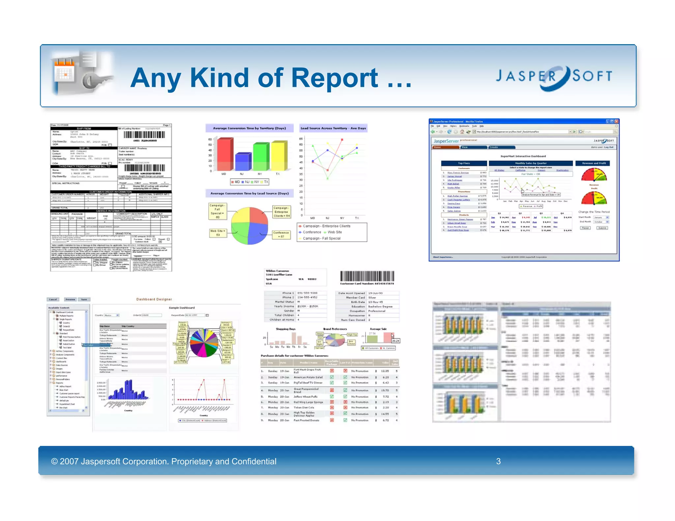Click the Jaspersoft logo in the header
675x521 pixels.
(x=554, y=77)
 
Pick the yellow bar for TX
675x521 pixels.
(x=279, y=155)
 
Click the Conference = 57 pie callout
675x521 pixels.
(x=281, y=234)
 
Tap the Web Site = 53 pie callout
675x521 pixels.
(x=218, y=233)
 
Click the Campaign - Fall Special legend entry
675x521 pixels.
(x=321, y=238)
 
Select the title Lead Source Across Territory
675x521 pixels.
(x=333, y=128)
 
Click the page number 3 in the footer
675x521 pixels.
(x=498, y=461)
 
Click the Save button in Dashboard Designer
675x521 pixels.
(x=84, y=299)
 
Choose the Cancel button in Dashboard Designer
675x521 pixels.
(x=53, y=299)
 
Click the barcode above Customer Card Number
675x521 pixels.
(x=367, y=276)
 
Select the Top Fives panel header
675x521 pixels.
(x=464, y=163)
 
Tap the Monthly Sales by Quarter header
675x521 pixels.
(x=531, y=163)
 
